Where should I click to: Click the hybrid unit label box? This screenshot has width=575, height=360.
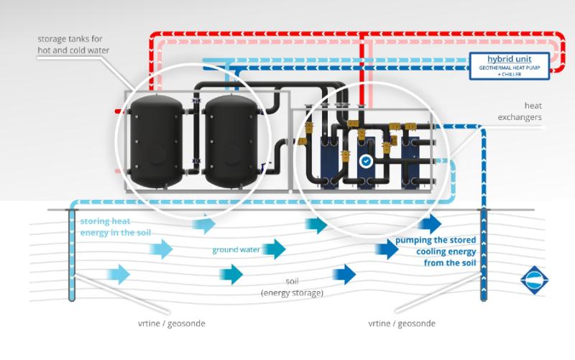click(509, 63)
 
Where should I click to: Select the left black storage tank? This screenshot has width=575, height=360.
click(155, 140)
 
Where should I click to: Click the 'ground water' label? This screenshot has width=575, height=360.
click(236, 250)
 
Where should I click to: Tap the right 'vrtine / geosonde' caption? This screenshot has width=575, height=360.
click(401, 323)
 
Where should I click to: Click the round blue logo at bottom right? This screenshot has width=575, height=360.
click(534, 280)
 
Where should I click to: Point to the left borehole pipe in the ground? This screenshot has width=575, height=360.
click(71, 255)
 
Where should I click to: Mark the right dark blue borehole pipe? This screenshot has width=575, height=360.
click(484, 255)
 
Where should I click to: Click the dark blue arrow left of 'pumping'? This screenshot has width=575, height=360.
click(388, 249)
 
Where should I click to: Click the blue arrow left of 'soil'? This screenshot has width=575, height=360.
click(231, 274)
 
